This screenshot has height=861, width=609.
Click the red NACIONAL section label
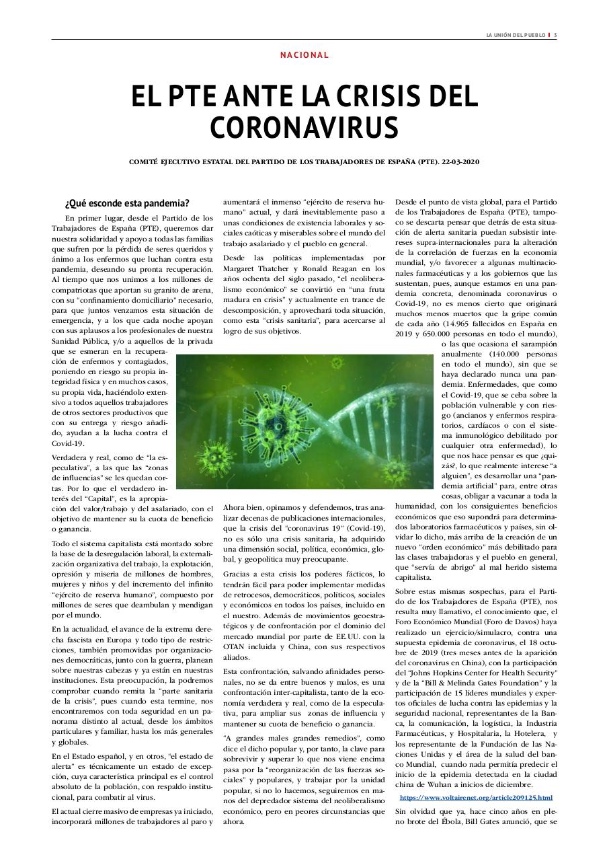click(x=304, y=55)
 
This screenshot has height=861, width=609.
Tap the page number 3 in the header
click(x=555, y=36)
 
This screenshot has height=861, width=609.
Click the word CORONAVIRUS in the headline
click(x=304, y=127)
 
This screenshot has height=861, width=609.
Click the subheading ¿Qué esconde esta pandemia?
click(x=127, y=203)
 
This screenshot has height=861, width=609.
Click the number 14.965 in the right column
click(x=466, y=322)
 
